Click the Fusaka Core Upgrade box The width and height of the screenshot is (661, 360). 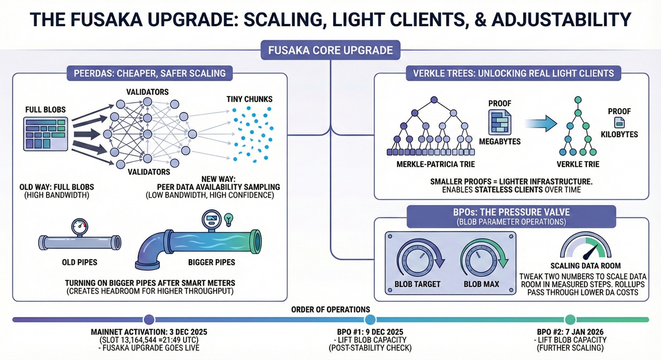click(x=331, y=50)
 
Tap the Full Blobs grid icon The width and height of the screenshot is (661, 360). click(x=46, y=134)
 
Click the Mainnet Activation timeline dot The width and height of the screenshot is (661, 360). click(x=149, y=319)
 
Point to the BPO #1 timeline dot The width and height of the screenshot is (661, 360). click(x=370, y=319)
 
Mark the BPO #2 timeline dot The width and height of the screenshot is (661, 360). click(x=570, y=319)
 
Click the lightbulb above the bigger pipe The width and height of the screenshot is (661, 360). click(x=228, y=220)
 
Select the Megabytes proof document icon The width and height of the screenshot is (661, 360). click(x=500, y=122)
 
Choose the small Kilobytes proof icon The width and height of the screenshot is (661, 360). click(x=619, y=122)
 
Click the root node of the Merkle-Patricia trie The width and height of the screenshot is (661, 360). click(x=434, y=100)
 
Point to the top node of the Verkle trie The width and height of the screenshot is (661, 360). click(x=578, y=100)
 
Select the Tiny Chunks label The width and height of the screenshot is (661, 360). click(x=250, y=99)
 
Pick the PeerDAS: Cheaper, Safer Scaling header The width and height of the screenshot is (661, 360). click(x=150, y=73)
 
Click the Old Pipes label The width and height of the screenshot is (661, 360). click(x=79, y=262)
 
